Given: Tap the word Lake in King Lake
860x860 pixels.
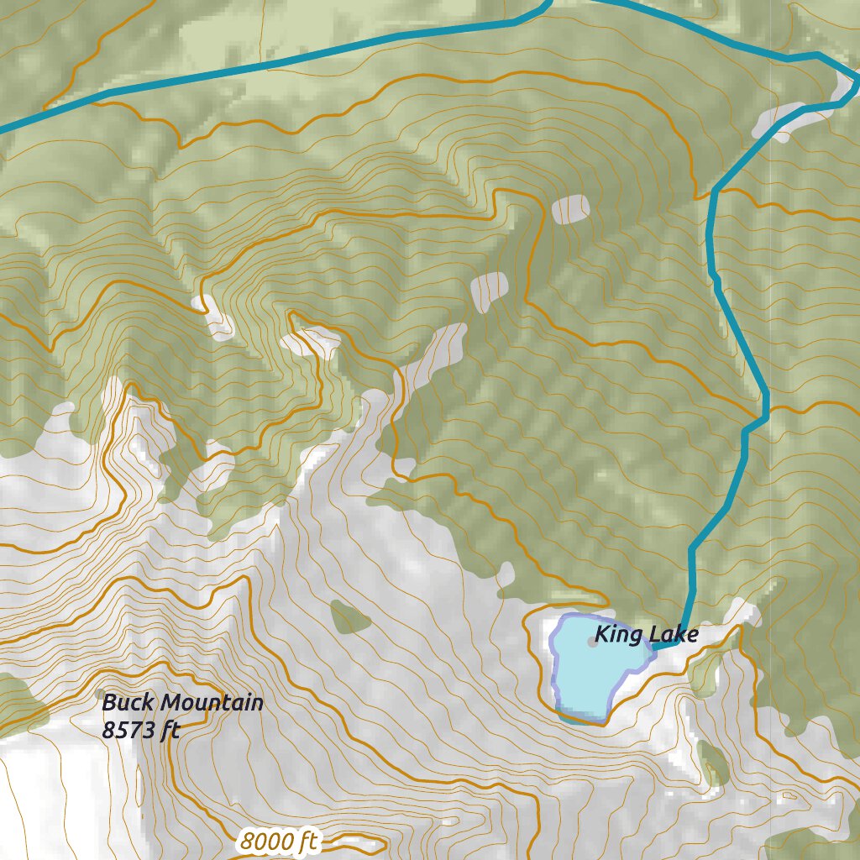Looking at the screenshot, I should point(673,635).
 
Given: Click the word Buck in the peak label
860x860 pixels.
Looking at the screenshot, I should point(128,702).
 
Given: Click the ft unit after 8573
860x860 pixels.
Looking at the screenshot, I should point(171,730).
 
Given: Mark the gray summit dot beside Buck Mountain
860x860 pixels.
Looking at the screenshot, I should point(102,694).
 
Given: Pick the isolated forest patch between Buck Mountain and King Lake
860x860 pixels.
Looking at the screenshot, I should point(349,618).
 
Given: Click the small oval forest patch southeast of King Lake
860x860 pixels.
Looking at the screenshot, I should point(714,764).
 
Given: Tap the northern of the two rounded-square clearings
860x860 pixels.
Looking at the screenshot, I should point(571,208).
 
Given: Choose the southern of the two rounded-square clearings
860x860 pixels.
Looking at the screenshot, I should point(490,291).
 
